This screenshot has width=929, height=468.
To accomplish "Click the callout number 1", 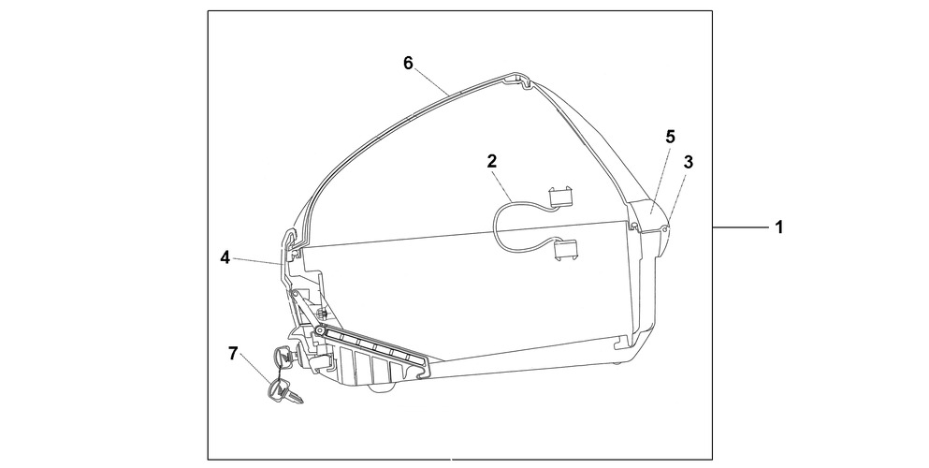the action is coord(779,227).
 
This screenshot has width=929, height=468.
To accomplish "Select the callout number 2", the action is coord(492,161).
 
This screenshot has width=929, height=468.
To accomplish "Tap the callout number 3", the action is coord(688,162).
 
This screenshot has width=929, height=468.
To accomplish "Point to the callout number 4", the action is coord(225,257).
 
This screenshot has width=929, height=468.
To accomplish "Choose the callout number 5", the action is coord(670,137).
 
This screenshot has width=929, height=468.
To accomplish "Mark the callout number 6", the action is coord(408,63).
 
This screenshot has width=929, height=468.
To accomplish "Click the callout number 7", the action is coord(232,354).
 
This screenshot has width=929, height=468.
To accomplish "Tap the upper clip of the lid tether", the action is coord(560,197).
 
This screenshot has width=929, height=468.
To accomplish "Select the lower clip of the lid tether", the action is coord(565,249).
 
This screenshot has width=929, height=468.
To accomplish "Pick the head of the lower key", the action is coord(277,389).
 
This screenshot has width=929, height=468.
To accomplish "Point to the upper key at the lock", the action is coord(282,357).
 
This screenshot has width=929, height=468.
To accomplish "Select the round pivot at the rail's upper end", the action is coord(320,330).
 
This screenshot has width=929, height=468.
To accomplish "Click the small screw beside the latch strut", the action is coord(324,312).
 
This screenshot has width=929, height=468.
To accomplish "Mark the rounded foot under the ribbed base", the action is coord(381,388).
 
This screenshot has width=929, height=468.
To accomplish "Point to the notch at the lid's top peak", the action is coord(525,81).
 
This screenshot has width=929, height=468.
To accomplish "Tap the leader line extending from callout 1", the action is coord(741,227).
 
